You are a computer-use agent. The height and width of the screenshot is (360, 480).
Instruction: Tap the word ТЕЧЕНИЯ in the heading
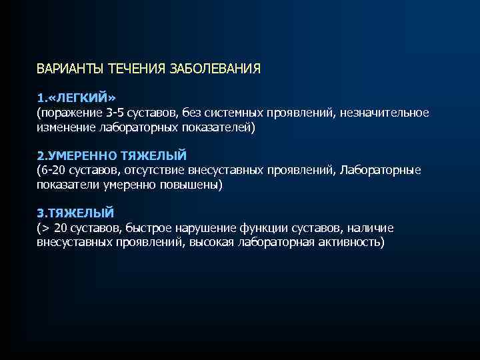(131, 69)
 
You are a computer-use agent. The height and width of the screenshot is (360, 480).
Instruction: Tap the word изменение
(65, 127)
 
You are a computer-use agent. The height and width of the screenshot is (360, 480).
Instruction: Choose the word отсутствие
(152, 171)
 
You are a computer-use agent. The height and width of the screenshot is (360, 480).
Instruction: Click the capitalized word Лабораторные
(381, 171)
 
